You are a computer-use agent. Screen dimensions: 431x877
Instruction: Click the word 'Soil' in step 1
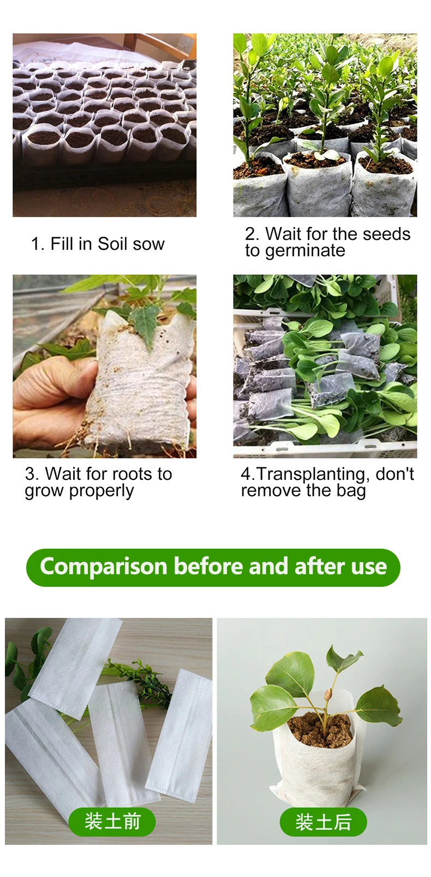click(113, 244)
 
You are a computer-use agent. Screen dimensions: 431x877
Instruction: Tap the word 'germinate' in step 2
click(305, 251)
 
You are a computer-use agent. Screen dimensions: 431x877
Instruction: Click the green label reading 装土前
click(112, 821)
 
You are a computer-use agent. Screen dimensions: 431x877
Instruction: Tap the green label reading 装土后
click(323, 821)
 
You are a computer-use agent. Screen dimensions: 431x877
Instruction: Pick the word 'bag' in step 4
click(351, 491)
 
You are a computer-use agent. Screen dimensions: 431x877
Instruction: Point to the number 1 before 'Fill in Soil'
click(35, 244)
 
